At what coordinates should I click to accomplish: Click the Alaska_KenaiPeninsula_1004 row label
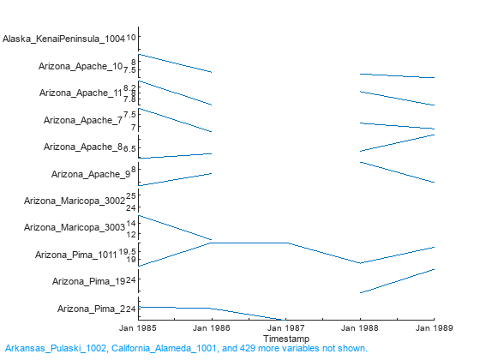[63, 39]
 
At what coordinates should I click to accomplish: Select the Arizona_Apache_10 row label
[81, 66]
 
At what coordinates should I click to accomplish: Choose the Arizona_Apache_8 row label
[83, 147]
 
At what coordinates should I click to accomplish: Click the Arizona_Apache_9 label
[90, 174]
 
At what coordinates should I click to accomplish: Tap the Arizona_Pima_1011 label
[75, 255]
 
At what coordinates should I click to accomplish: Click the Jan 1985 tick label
[138, 328]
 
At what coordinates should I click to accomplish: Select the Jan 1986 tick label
[212, 328]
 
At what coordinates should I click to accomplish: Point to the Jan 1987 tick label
[285, 328]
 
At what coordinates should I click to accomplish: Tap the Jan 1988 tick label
[359, 328]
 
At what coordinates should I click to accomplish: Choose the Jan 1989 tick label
[433, 328]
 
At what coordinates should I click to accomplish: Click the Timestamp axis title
[285, 338]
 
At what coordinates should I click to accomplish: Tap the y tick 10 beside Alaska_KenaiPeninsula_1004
[132, 38]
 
